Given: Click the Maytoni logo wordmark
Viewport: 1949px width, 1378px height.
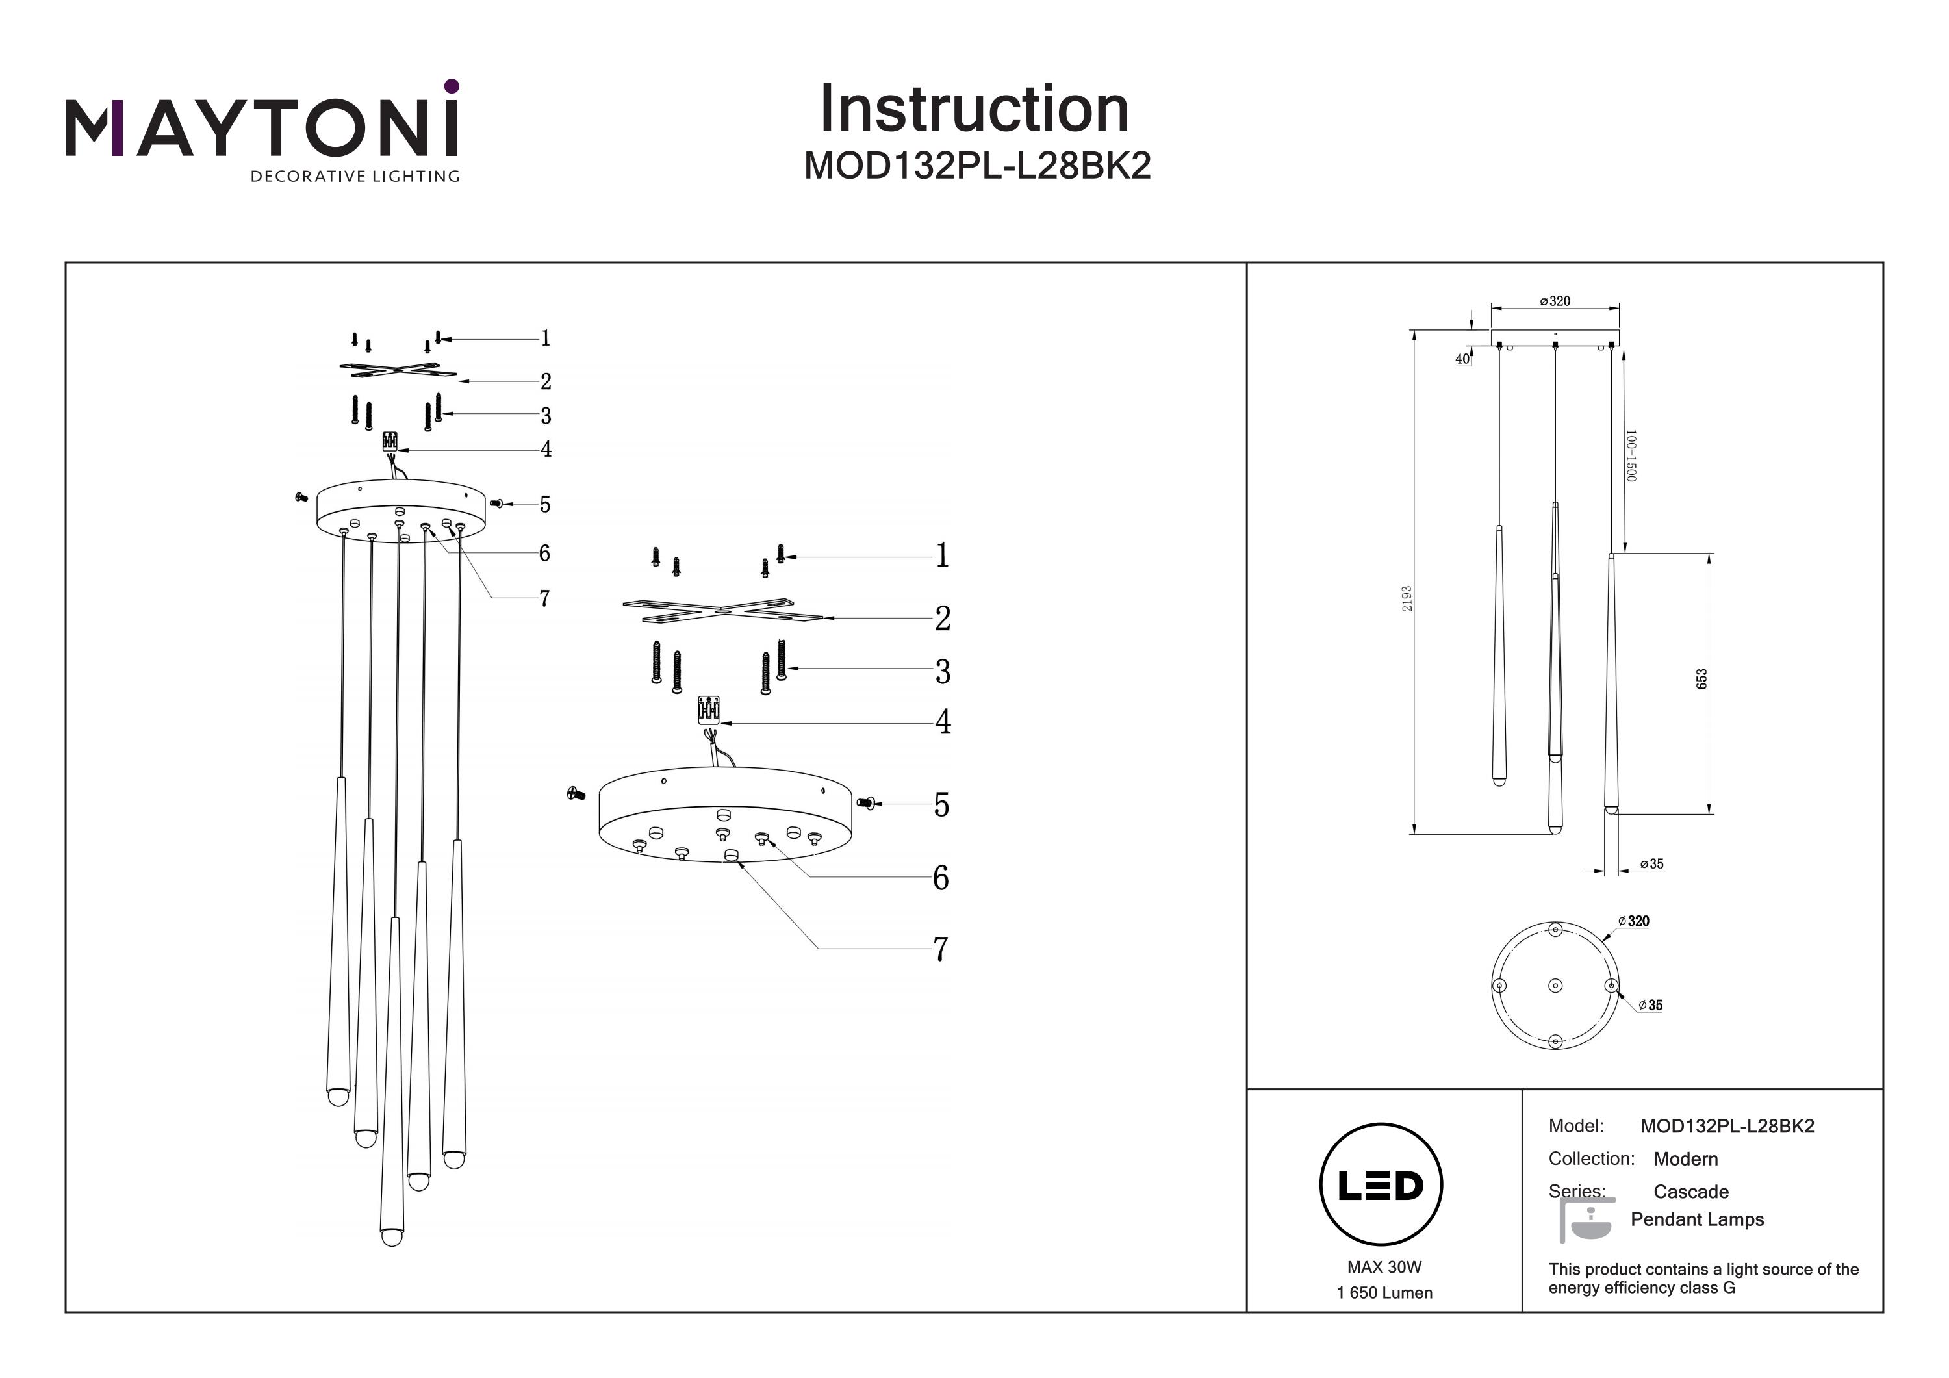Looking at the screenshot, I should click(261, 127).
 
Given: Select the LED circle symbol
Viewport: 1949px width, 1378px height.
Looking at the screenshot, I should click(1381, 1184).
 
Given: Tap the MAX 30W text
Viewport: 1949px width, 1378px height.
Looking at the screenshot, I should click(1384, 1267).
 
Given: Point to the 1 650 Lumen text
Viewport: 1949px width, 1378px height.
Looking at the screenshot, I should click(1384, 1292).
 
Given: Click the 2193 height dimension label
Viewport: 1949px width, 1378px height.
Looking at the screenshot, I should click(1407, 598).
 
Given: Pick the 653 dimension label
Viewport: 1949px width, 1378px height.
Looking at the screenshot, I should click(1701, 679).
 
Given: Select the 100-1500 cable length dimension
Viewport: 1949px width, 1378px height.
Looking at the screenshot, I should click(1631, 456).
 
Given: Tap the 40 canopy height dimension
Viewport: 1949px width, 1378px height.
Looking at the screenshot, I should click(1462, 359).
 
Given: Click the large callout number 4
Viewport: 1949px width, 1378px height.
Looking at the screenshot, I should click(942, 722).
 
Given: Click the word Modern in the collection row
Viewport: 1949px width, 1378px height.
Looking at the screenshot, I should click(1686, 1159).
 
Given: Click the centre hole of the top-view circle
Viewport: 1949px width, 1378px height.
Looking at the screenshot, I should click(1555, 985).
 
